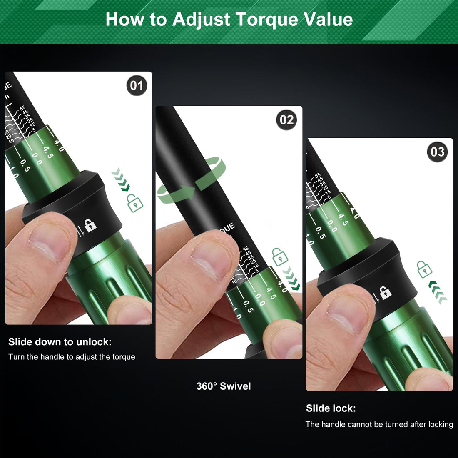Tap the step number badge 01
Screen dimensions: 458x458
pos(137,86)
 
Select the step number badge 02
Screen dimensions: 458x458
pos(286,120)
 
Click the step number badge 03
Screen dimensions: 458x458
pos(437,152)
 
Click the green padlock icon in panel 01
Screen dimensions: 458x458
pos(134,203)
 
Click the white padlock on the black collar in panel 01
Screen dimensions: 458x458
pos(90,225)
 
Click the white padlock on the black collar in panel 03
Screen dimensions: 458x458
pos(386,292)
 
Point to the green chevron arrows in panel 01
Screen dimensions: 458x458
pos(121,179)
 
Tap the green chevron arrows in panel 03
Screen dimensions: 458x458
pos(438,292)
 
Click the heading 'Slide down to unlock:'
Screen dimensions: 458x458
pos(60,342)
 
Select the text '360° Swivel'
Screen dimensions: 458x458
pos(224,386)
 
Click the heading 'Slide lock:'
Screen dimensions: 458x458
pos(331,408)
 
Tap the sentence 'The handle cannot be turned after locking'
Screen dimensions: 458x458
pos(379,424)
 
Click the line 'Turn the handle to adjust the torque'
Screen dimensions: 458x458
pos(72,357)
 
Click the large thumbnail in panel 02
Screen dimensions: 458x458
pos(210,260)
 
